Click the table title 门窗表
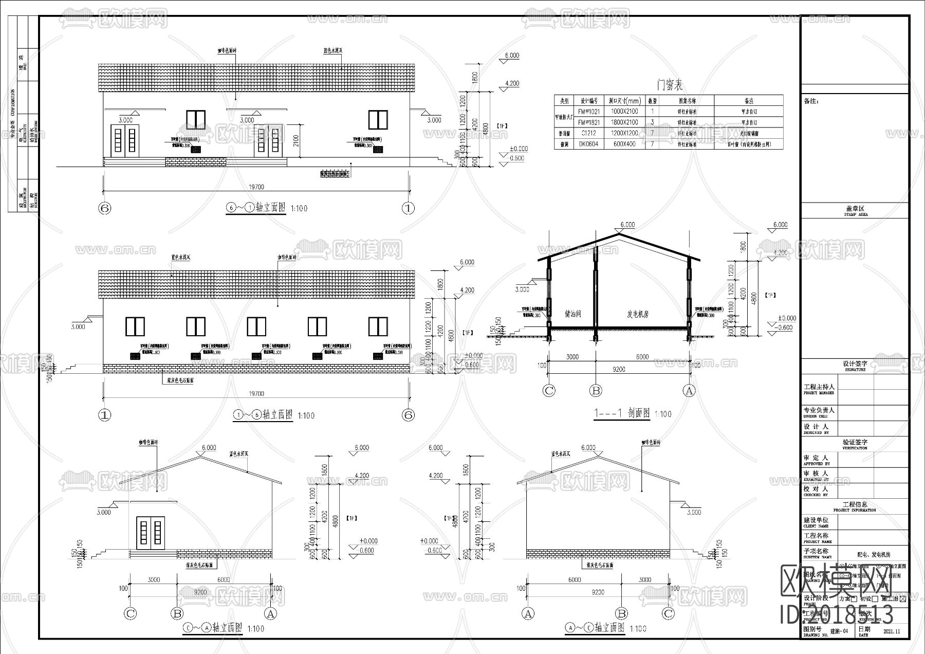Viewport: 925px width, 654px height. click(x=670, y=85)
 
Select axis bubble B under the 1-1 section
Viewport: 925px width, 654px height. click(x=596, y=391)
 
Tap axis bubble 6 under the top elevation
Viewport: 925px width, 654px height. click(x=105, y=209)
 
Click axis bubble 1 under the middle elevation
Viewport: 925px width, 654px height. click(x=105, y=415)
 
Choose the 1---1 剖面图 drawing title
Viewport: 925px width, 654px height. click(x=622, y=413)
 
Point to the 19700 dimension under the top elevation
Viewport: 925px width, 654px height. click(x=256, y=187)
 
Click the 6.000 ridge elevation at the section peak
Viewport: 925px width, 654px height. click(x=627, y=225)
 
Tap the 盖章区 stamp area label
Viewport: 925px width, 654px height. click(x=856, y=209)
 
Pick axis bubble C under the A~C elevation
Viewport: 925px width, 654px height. click(x=668, y=614)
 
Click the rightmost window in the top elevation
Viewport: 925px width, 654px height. click(x=377, y=120)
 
